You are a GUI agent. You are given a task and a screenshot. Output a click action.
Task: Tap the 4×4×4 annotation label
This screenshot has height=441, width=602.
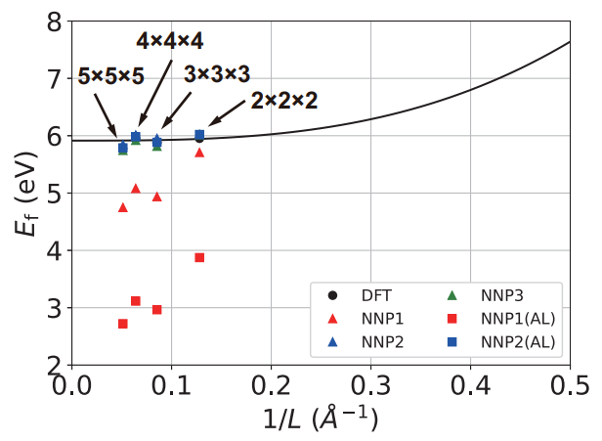(169, 40)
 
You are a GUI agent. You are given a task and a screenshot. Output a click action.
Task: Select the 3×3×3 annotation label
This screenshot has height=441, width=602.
(217, 74)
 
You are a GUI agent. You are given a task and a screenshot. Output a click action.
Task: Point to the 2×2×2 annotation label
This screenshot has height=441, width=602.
(283, 100)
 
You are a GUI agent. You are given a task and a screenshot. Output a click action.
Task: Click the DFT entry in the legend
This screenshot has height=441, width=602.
(358, 294)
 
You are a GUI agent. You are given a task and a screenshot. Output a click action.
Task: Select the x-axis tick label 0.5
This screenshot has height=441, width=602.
(570, 385)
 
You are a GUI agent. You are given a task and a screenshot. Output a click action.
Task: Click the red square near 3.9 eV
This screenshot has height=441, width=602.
(199, 257)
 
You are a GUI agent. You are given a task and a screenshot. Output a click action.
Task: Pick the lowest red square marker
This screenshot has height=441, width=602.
(122, 324)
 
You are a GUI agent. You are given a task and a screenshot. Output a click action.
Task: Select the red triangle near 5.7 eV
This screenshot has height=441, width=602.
(199, 152)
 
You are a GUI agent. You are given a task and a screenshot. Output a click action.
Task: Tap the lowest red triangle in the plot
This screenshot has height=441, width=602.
(122, 206)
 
